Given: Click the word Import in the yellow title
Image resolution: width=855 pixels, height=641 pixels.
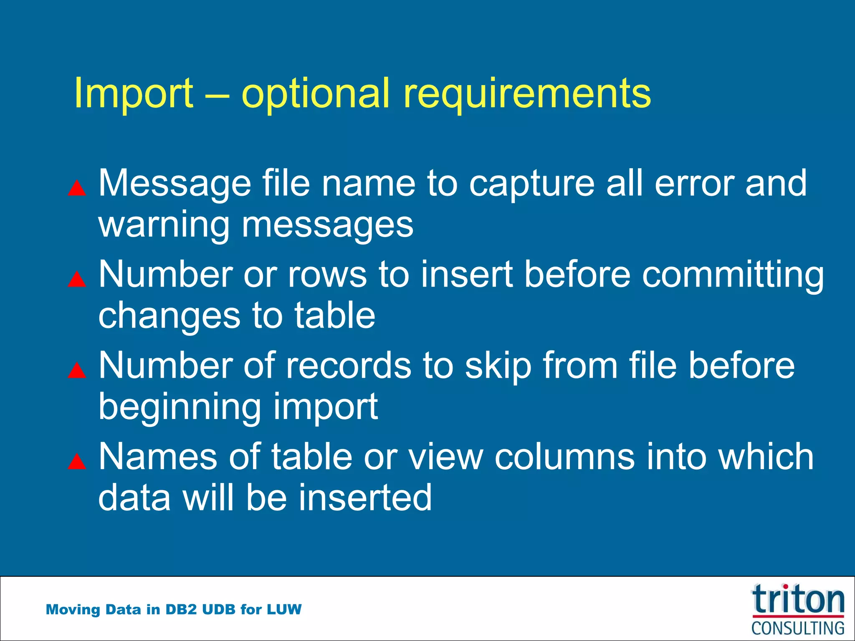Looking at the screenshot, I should (134, 93).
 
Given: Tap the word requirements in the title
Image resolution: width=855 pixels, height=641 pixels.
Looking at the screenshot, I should (527, 93).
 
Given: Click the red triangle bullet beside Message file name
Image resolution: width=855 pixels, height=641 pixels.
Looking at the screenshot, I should (77, 188).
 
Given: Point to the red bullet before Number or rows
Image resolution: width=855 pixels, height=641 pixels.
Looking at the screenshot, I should (77, 279).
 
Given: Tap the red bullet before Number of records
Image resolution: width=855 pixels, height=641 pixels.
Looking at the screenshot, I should (77, 370).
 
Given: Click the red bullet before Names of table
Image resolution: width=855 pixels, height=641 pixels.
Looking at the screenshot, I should (77, 462).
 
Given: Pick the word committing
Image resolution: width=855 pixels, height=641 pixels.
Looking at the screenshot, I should (733, 275).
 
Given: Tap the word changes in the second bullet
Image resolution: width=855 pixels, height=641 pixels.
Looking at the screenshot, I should (169, 316).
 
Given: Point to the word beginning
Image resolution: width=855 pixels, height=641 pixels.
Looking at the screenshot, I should (180, 407).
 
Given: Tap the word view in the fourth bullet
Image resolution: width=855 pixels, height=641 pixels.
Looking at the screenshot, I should (446, 457).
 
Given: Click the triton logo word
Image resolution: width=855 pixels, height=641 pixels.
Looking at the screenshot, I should (798, 600).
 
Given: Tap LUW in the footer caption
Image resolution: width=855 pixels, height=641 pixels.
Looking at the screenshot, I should (284, 609).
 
